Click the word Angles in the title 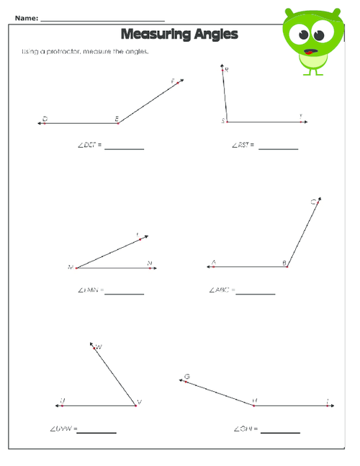click(213, 34)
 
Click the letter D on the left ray click(45, 117)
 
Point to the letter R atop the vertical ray click(227, 70)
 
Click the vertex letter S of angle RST click(224, 120)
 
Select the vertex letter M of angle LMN click(71, 267)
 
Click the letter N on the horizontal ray click(149, 263)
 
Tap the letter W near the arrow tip click(99, 347)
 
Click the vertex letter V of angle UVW click(140, 402)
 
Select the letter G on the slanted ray click(186, 376)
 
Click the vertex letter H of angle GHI click(255, 400)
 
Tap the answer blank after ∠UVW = click(96, 431)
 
